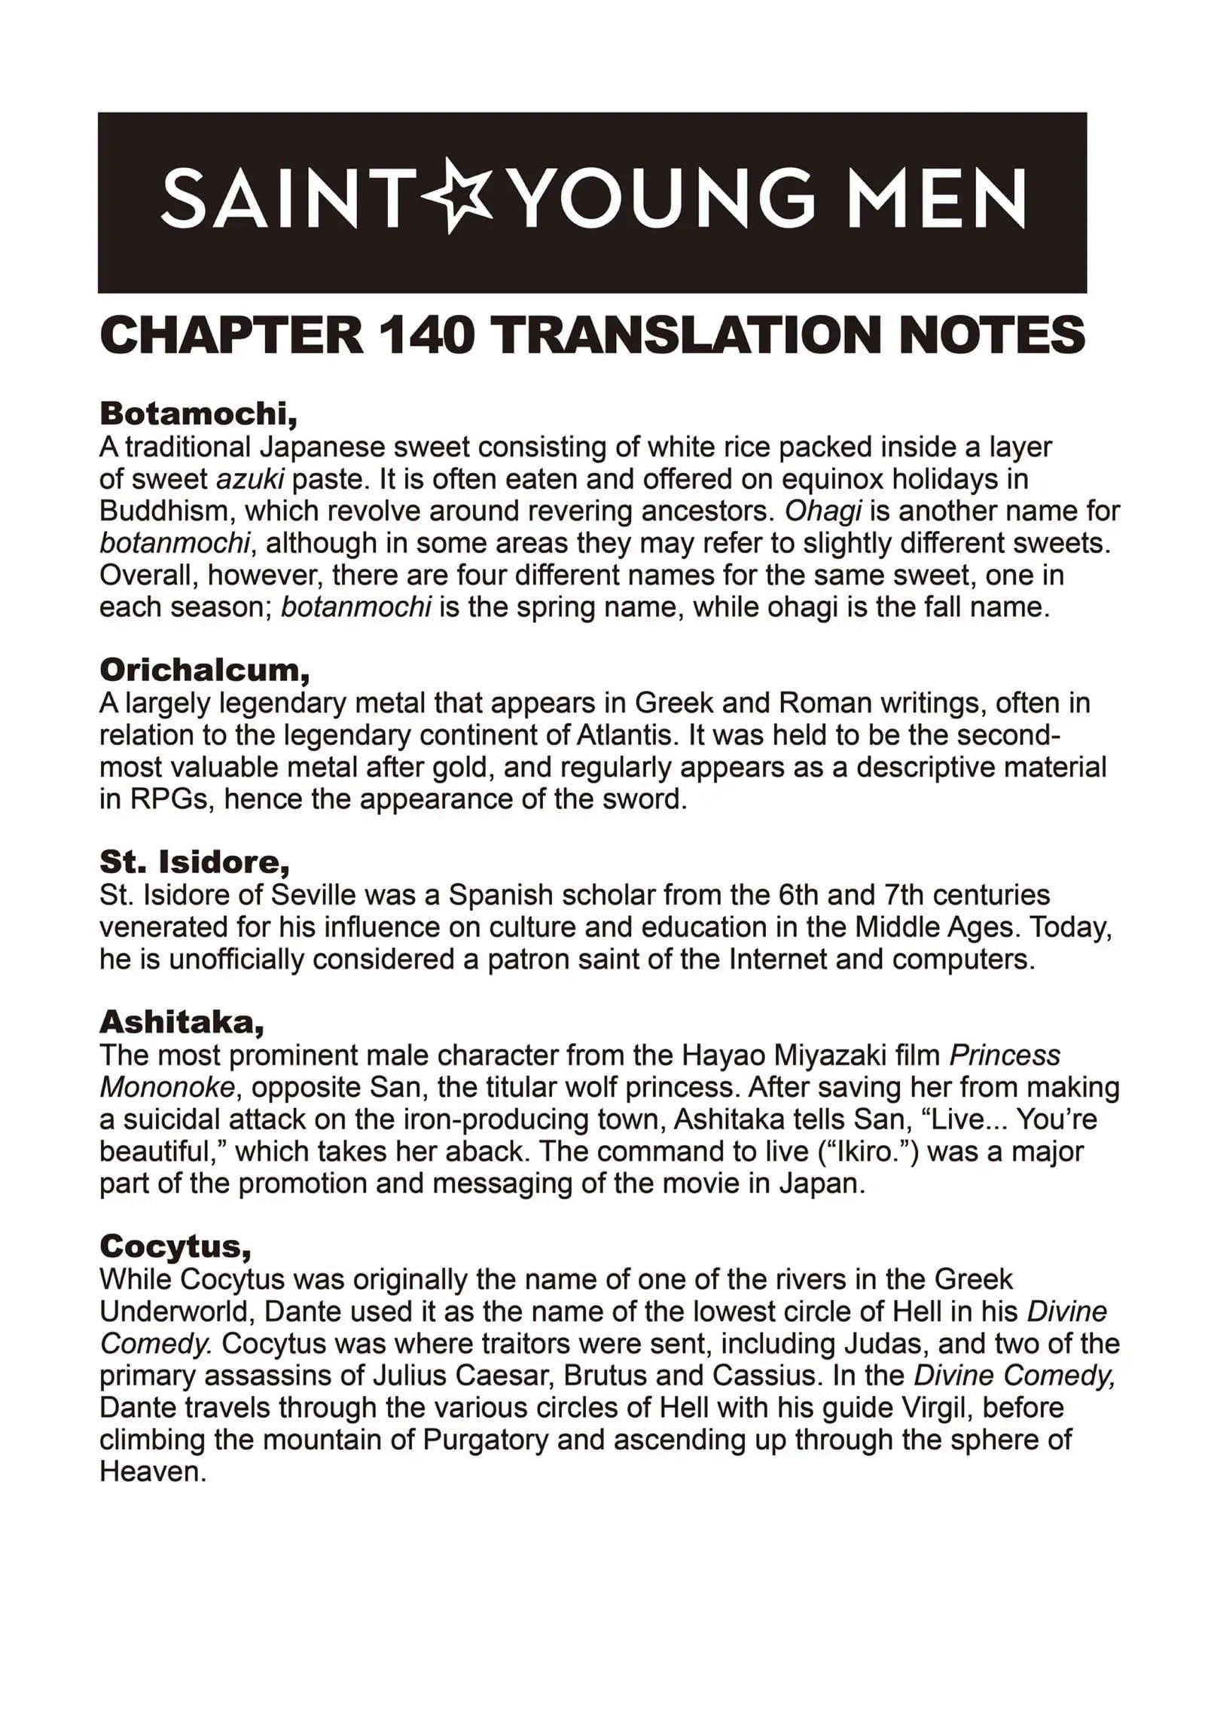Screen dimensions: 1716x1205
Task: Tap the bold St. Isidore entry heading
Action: coord(194,861)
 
